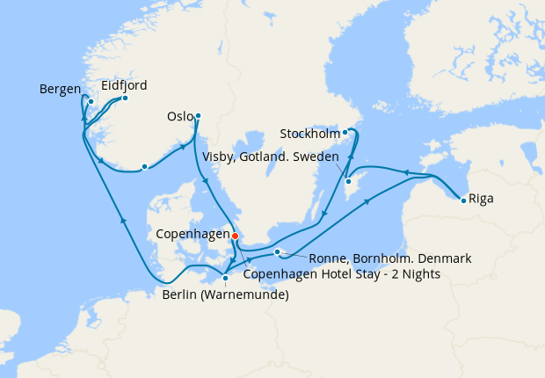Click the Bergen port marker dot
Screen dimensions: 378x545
tap(91, 101)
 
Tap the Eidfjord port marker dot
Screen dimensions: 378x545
tap(125, 98)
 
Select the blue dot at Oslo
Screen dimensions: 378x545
tap(198, 115)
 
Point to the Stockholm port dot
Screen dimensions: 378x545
tap(345, 133)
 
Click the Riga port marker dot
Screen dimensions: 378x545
tap(464, 200)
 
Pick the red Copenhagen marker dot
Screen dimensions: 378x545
tap(235, 235)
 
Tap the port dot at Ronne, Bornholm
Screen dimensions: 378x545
tap(277, 252)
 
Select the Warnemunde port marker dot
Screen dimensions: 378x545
tap(226, 279)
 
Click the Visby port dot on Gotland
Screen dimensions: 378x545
tap(348, 182)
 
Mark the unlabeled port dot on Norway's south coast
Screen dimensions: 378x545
tap(144, 166)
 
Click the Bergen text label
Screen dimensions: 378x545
tap(60, 90)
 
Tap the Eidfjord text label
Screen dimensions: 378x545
tap(123, 85)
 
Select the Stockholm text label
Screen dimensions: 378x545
tap(309, 134)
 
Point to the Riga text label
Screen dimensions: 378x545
tap(482, 199)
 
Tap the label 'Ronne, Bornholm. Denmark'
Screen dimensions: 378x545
tap(390, 258)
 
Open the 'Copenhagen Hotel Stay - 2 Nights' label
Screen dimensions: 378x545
tap(341, 274)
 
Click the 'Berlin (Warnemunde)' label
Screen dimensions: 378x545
tap(225, 294)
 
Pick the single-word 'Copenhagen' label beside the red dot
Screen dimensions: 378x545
tap(192, 236)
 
